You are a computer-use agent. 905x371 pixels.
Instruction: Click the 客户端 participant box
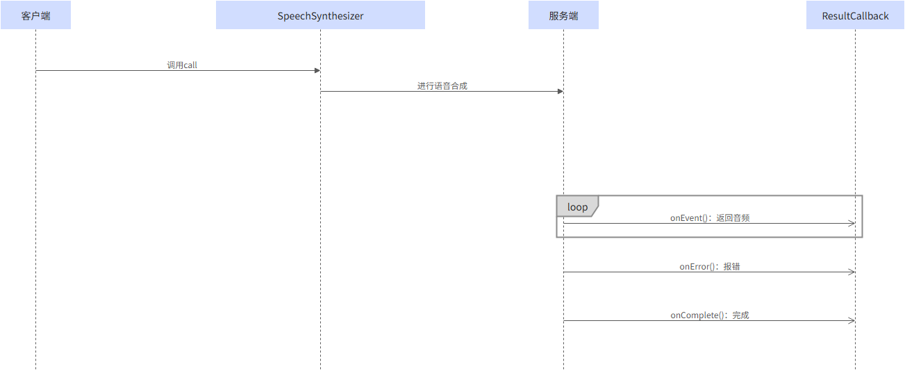point(35,15)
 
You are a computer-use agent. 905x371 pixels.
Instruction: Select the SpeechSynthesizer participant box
point(320,15)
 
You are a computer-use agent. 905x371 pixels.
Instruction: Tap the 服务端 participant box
point(563,15)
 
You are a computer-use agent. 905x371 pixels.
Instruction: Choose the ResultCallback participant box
point(855,15)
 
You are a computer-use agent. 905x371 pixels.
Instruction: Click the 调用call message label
point(182,65)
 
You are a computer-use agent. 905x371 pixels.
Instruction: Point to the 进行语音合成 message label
point(442,85)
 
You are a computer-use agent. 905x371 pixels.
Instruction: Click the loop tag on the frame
point(576,207)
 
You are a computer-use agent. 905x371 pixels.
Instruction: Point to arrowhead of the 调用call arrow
point(317,70)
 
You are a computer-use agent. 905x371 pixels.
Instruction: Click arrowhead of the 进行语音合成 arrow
point(560,91)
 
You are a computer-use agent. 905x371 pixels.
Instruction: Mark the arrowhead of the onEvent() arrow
point(852,223)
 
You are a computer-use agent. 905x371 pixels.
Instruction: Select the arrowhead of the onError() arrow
point(852,272)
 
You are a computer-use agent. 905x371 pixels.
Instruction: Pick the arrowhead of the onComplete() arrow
point(852,320)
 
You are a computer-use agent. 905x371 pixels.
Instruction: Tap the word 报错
point(731,266)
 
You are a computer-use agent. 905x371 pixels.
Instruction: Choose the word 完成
point(740,315)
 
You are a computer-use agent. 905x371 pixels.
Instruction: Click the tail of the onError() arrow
point(564,272)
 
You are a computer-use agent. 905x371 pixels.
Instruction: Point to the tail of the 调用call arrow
point(36,70)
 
